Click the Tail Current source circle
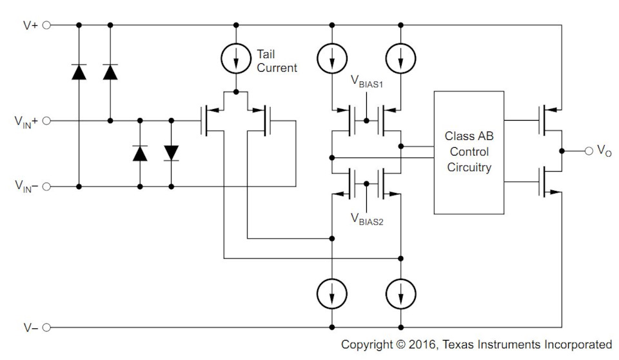pos(237,59)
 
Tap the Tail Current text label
pos(277,61)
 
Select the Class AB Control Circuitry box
pos(469,152)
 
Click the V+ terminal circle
pos(46,25)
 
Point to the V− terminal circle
pos(46,328)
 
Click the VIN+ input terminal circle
pos(46,120)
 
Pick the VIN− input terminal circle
pos(46,186)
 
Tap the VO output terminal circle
pos(587,150)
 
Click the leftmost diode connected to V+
pos(79,72)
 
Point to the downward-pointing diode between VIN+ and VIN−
pos(171,152)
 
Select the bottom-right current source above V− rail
pos(400,294)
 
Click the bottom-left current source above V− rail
pos(331,294)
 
